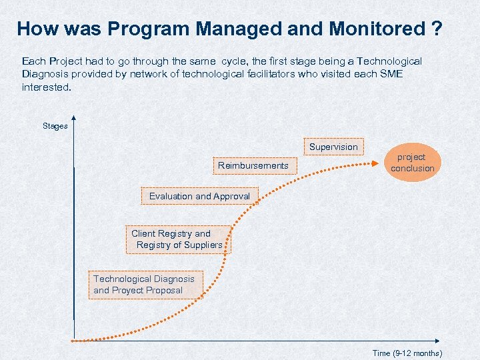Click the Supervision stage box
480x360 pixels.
coord(333,147)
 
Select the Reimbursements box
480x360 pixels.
coord(253,165)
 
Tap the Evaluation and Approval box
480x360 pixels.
coord(199,196)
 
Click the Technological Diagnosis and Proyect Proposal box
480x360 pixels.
coord(143,285)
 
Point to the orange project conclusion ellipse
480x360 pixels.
coord(412,163)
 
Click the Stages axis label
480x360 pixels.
coord(55,126)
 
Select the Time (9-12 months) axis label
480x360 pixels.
coord(407,353)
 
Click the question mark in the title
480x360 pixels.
coord(437,29)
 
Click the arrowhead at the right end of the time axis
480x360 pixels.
coord(445,341)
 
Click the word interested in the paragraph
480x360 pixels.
coord(45,87)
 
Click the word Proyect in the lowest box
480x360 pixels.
coord(129,290)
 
